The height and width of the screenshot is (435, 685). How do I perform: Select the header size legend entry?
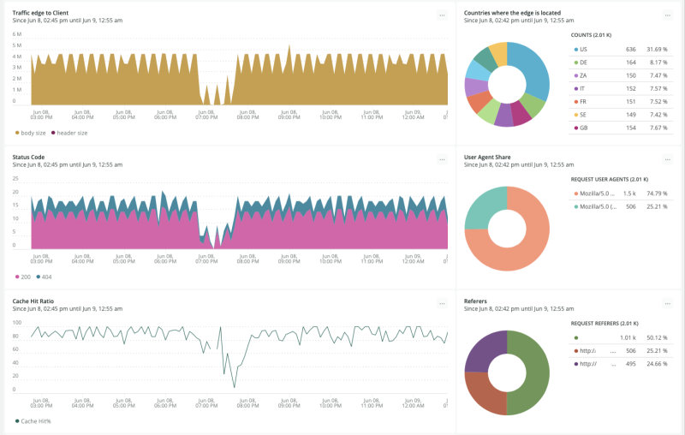(x=72, y=133)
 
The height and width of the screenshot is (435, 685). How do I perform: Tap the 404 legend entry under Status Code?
(x=46, y=277)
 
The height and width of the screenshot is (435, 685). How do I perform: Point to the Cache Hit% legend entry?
(x=37, y=420)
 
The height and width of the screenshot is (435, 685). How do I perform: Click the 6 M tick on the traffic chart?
(x=16, y=33)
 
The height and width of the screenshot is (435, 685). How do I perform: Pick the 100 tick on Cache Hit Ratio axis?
(x=16, y=322)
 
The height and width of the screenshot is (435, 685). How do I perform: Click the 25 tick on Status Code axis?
(x=15, y=178)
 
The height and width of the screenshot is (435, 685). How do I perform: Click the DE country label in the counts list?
(x=583, y=62)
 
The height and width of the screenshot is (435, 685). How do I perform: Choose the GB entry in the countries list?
(x=583, y=127)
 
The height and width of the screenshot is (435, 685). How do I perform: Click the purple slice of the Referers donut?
(x=485, y=351)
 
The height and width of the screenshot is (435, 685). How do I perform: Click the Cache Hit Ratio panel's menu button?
(x=441, y=303)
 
